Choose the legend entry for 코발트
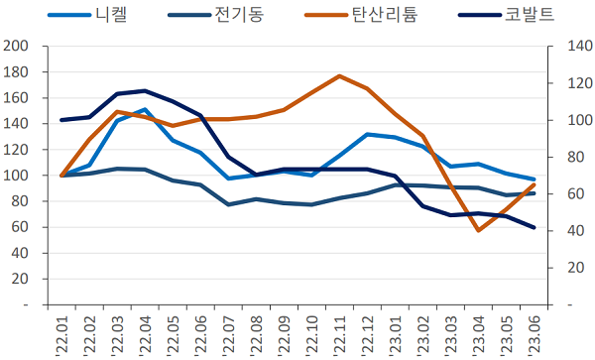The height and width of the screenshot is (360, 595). [531, 16]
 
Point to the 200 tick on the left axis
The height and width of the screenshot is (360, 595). [17, 47]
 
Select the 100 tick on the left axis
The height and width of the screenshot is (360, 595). [17, 176]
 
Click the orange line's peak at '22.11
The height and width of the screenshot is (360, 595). [339, 75]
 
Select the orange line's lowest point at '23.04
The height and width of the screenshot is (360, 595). [478, 230]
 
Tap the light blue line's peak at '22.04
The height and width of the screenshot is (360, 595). [146, 109]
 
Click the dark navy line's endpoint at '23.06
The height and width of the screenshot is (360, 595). [534, 227]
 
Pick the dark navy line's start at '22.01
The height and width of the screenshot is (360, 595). [62, 120]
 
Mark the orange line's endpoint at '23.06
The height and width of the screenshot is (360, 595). [534, 184]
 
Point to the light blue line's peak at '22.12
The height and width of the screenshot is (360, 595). [367, 134]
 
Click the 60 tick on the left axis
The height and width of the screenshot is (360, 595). [21, 227]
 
